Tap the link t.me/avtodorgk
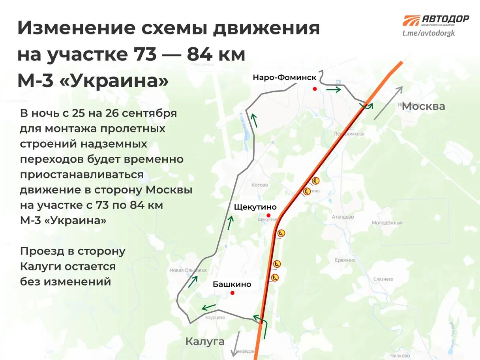click(x=429, y=33)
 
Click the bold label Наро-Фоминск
click(x=285, y=78)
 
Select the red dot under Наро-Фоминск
click(x=315, y=89)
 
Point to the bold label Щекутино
click(x=255, y=207)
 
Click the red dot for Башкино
click(x=232, y=293)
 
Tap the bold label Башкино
click(x=232, y=284)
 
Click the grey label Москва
click(x=423, y=106)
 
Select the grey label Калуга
click(x=205, y=341)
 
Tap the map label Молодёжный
click(x=387, y=223)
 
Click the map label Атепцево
click(x=343, y=217)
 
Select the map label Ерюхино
click(x=345, y=260)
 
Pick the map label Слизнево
click(x=383, y=279)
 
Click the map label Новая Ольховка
click(x=188, y=270)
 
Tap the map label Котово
click(x=260, y=185)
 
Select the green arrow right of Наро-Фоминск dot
click(x=334, y=90)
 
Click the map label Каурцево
click(x=215, y=317)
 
